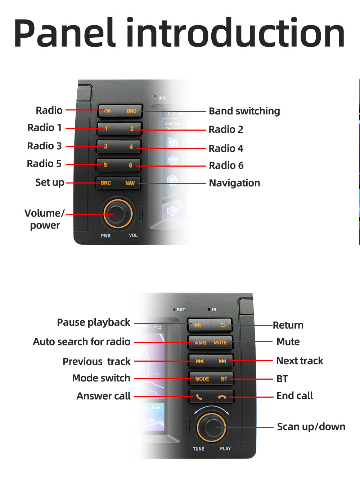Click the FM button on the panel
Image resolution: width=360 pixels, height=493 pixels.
coord(107,111)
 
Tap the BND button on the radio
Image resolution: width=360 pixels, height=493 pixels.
coord(131,111)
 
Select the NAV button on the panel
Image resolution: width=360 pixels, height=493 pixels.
coord(130,183)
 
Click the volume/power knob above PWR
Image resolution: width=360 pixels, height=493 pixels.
coord(118,214)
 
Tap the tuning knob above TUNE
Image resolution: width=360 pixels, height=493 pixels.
coord(211,428)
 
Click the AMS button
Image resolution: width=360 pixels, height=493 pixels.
coord(200,343)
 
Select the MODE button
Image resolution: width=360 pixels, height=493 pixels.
coord(202,379)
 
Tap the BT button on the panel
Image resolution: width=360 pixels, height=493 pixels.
coord(224,379)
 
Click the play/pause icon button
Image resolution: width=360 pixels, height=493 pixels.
coord(198,325)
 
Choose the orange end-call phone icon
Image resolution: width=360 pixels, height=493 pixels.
coord(222,397)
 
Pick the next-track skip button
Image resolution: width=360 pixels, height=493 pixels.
coord(222,361)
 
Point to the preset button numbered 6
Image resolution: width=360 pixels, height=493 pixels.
coord(131,166)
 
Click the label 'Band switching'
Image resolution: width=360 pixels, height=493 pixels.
coord(244,111)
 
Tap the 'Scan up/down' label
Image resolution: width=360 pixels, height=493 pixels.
coord(311,427)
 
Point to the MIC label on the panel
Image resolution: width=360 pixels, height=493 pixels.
coord(163,98)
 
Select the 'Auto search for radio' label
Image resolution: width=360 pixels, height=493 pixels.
coord(81,342)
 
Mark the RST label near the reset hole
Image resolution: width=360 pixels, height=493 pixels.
coord(181,309)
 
